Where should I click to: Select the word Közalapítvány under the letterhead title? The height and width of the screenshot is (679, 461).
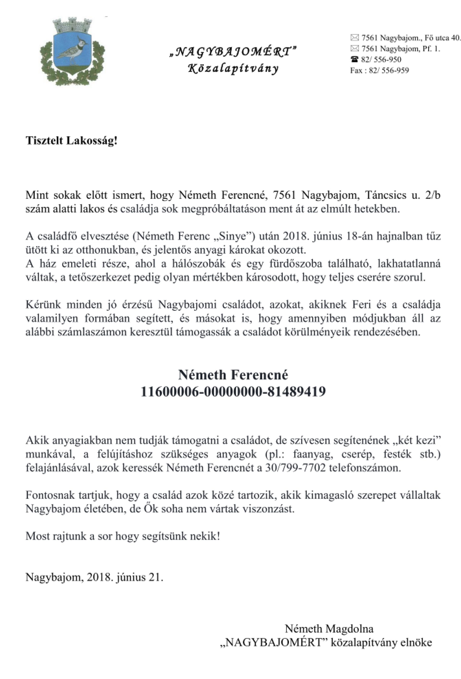233,69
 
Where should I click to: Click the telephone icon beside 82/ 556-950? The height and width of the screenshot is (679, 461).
354,60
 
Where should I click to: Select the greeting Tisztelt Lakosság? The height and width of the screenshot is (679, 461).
72,141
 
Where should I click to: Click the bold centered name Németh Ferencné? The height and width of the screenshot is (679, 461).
233,375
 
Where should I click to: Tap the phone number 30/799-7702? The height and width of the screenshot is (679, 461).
295,468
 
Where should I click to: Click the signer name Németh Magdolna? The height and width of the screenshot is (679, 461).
329,628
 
